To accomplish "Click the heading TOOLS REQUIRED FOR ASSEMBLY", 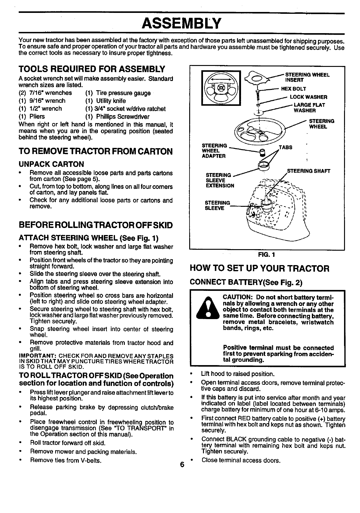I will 92,68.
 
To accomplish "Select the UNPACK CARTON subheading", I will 51,164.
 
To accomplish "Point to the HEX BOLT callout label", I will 293,89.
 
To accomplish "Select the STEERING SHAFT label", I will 308,171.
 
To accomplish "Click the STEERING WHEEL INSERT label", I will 307,77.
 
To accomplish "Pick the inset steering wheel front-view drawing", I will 220,88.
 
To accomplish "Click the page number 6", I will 182,465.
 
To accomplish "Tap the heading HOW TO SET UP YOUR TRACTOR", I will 260,268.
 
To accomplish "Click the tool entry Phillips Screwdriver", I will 118,117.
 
